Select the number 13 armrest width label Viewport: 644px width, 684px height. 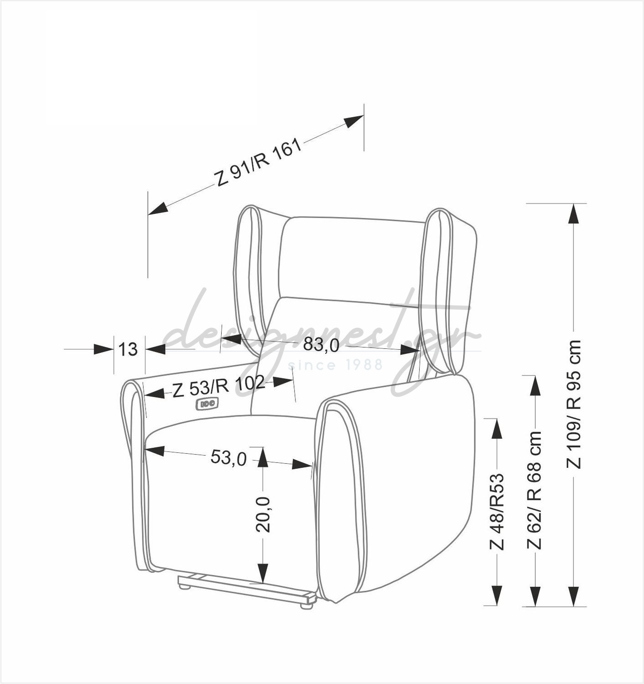coord(128,349)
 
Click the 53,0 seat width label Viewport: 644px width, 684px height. coord(229,458)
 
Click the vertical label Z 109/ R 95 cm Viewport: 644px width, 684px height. coord(573,404)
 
